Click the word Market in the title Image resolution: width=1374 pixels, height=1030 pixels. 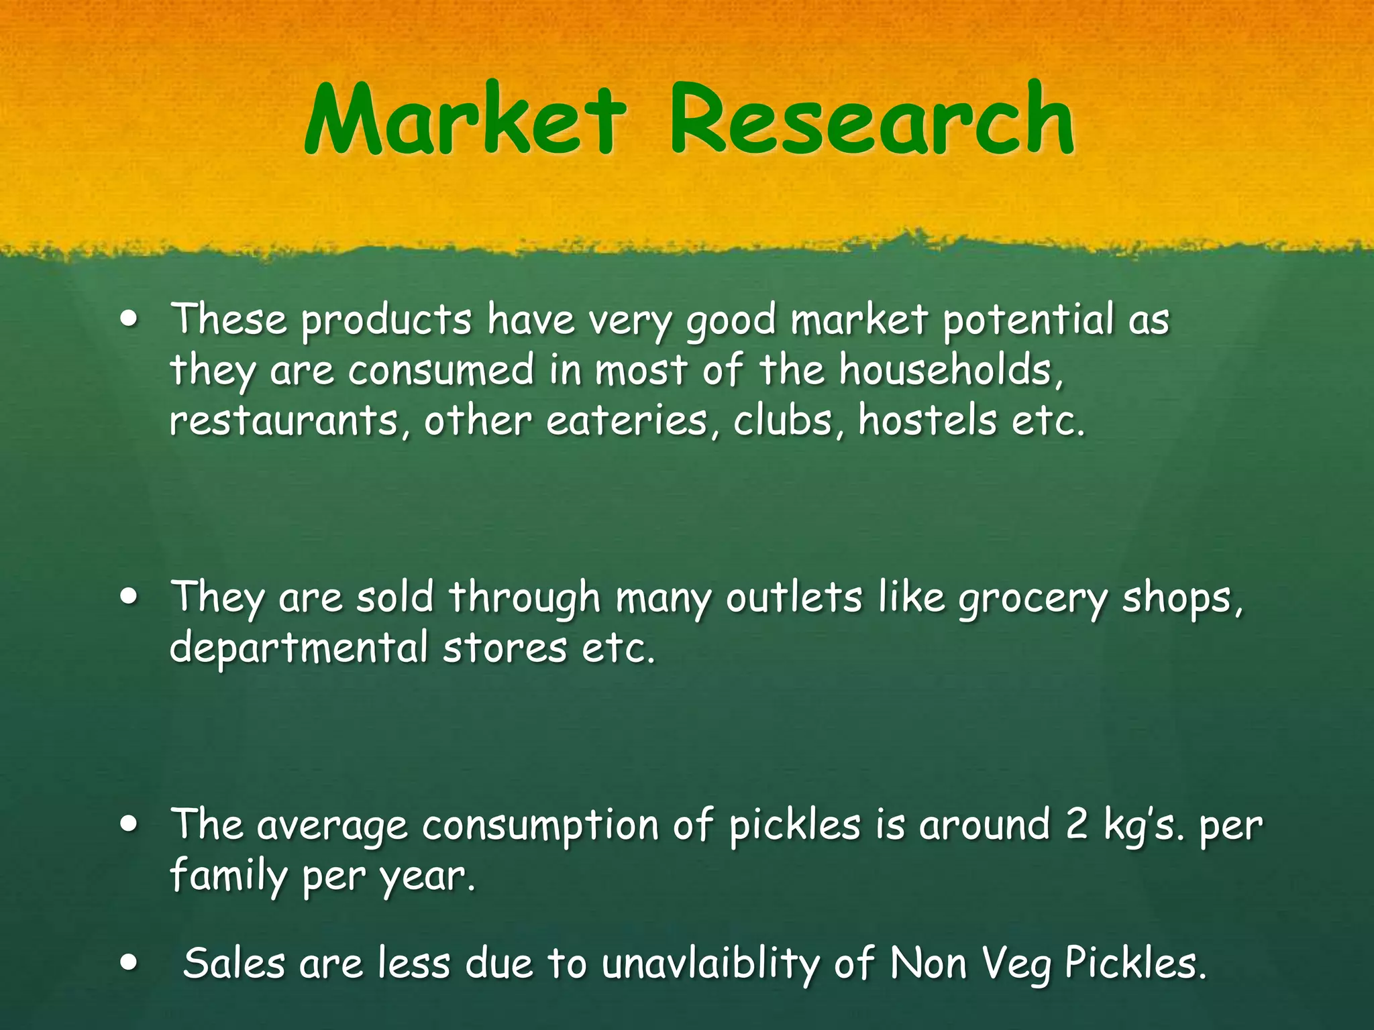coord(465,119)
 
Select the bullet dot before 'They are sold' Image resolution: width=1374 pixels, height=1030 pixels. coord(129,597)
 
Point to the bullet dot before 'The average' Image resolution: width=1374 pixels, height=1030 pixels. coord(129,825)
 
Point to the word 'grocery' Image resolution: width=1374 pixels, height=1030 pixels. coord(1033,598)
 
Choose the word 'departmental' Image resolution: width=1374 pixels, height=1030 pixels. coord(299,649)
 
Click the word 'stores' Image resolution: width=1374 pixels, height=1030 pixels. coord(505,649)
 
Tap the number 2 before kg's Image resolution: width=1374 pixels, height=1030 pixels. coord(1076,825)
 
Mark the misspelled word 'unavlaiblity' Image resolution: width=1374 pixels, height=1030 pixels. coord(710,964)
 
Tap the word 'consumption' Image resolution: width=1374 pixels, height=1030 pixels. coord(540,826)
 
